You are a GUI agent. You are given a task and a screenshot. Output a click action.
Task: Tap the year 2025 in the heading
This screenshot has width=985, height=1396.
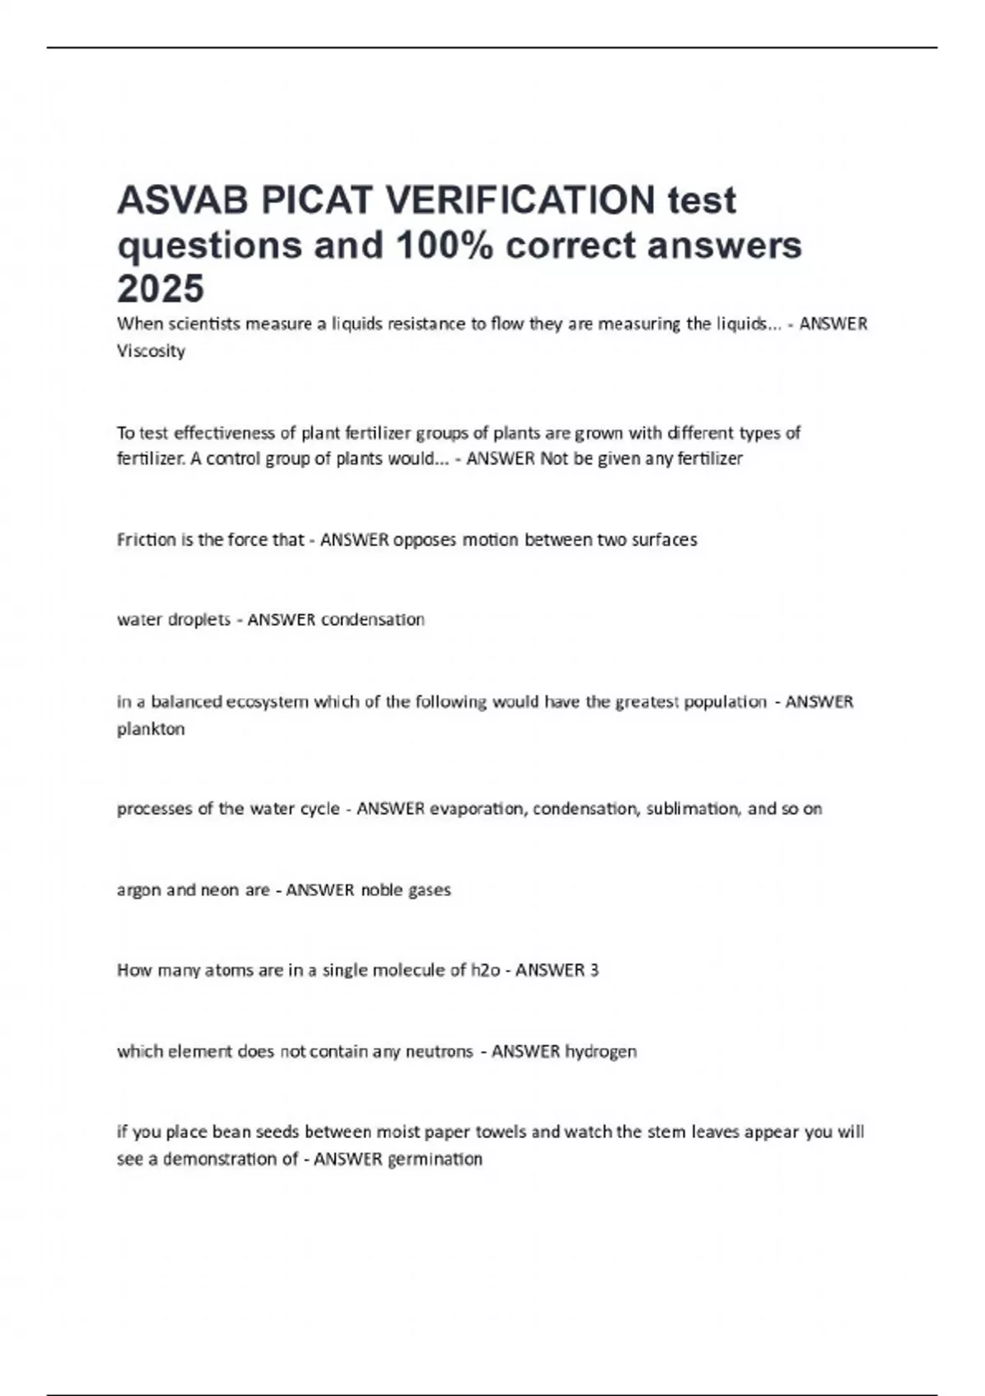[x=160, y=288]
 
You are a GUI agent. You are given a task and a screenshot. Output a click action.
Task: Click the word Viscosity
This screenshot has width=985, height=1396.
[x=151, y=351]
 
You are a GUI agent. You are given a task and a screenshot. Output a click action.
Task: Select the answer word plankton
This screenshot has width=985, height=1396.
[x=151, y=728]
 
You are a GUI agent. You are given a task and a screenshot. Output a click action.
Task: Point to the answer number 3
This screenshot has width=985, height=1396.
[x=593, y=970]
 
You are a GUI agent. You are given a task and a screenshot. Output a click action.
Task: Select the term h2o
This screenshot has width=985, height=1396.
[x=485, y=970]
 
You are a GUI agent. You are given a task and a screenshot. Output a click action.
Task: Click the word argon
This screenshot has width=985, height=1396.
[x=139, y=890]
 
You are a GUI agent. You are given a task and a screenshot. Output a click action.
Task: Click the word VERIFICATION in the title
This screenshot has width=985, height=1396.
[x=520, y=200]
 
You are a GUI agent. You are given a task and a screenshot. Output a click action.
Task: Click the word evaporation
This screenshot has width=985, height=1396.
[x=477, y=809]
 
